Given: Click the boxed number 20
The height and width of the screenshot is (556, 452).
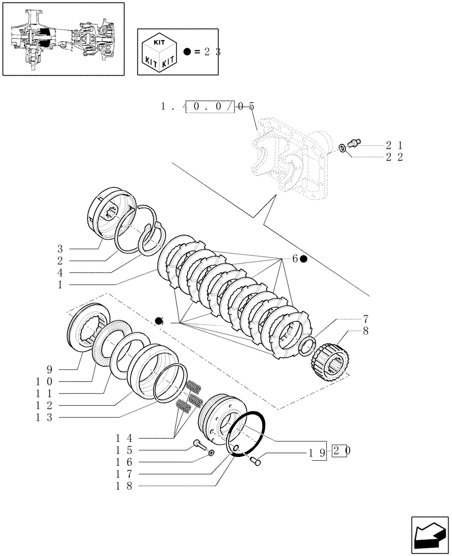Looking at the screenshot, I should click(x=340, y=451).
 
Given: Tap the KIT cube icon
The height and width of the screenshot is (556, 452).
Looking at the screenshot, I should click(x=159, y=51).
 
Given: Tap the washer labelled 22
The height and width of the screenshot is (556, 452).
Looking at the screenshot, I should click(x=343, y=148).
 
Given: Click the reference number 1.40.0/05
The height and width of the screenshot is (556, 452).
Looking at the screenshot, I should click(x=207, y=106).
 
